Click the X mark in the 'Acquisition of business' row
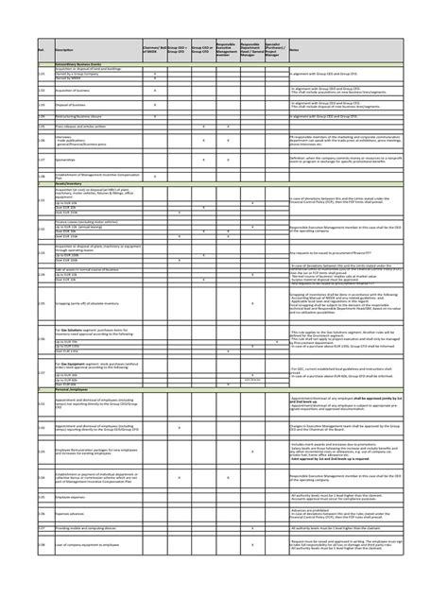pos(155,91)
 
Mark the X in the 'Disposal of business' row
pos(155,104)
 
